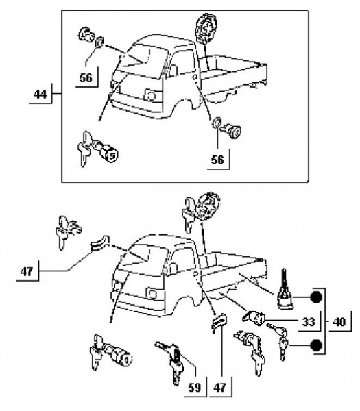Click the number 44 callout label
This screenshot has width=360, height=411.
tap(40, 94)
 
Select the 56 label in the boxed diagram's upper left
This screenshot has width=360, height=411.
tap(86, 78)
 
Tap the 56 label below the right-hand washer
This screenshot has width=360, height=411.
tap(218, 160)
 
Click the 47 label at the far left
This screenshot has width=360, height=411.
tap(27, 271)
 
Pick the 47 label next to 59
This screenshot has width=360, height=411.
tap(220, 388)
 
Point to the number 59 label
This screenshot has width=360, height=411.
tap(195, 388)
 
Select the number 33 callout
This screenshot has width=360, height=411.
tap(309, 322)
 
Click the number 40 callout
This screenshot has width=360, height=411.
tap(339, 322)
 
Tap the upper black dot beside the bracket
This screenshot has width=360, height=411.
tap(316, 297)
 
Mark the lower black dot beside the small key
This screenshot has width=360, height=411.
tap(316, 345)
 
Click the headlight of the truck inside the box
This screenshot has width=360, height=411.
tap(150, 95)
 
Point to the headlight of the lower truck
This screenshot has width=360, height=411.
tap(152, 294)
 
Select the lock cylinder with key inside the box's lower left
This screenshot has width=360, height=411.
tap(97, 149)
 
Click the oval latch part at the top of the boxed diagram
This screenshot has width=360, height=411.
tap(206, 28)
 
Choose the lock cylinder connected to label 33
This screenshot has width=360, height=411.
tap(254, 318)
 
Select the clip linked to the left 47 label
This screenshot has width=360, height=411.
tap(99, 244)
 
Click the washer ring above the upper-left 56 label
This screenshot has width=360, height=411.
tap(99, 42)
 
